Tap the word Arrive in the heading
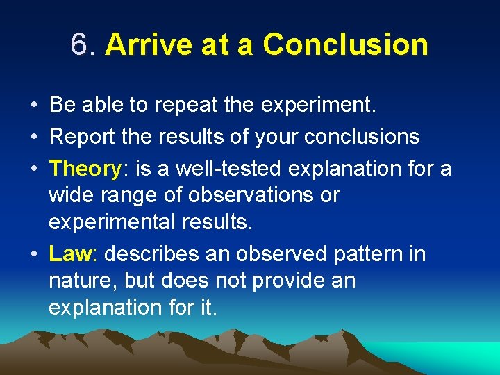(x=141, y=45)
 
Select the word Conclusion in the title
(x=345, y=45)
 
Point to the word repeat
(x=183, y=106)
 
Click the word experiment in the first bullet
(x=317, y=106)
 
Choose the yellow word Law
(x=70, y=253)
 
